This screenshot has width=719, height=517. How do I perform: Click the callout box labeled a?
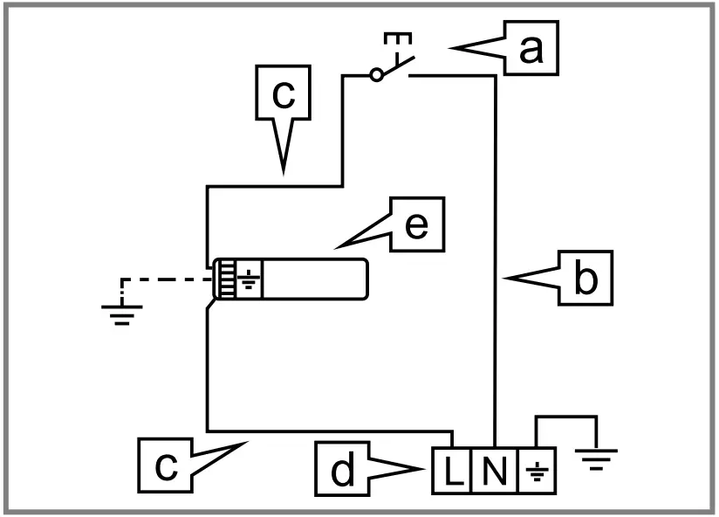[x=530, y=50]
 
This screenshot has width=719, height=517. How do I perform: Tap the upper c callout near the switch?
[x=283, y=95]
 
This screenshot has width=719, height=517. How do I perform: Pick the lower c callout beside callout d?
[x=166, y=465]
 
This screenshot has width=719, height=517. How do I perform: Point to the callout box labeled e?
[x=415, y=225]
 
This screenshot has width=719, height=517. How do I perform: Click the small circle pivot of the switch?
[x=376, y=76]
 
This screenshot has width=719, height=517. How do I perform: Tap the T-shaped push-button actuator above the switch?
[x=398, y=40]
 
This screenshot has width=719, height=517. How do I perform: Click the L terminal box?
[x=451, y=472]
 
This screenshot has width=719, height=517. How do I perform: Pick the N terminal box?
[x=493, y=472]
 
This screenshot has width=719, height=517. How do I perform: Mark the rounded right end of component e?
[x=359, y=279]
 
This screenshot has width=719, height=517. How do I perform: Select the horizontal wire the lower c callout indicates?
[x=332, y=431]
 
